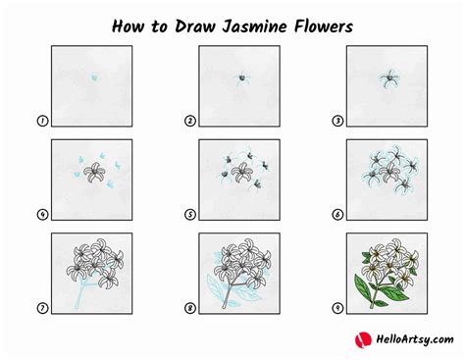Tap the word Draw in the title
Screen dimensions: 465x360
coord(194,26)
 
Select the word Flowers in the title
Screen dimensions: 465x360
coord(324,26)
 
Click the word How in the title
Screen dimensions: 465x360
coord(129,26)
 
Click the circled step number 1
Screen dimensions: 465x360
coord(42,121)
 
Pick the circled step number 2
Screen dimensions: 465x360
coord(190,121)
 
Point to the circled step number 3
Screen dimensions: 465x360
coord(337,121)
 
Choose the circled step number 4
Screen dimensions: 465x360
coord(42,215)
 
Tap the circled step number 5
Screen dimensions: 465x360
coord(190,215)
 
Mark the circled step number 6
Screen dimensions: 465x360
coord(337,215)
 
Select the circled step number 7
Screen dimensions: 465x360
coord(42,308)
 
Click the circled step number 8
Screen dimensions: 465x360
coord(190,308)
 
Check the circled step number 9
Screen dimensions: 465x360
coord(337,308)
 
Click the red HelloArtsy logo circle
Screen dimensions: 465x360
coord(363,339)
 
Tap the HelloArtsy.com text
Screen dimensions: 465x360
coord(415,339)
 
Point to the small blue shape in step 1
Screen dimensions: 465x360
coord(94,78)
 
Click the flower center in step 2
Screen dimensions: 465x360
coord(242,78)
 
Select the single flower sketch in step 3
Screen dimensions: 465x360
coord(389,78)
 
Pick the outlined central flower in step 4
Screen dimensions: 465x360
coord(95,172)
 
